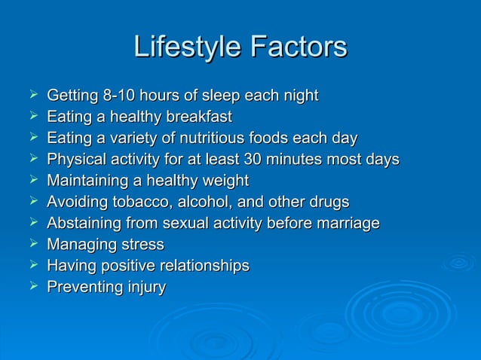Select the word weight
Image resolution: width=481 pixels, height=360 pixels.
[x=224, y=181]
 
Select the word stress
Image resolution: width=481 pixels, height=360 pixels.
[x=143, y=245]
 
